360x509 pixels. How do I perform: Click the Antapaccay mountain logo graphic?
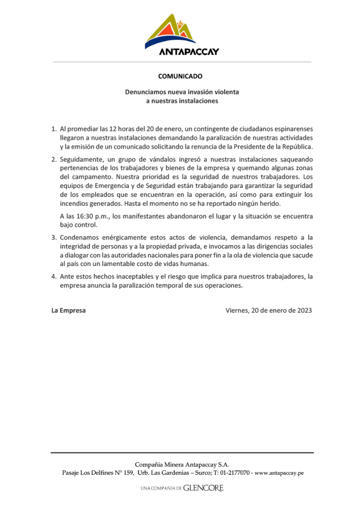tap(175, 31)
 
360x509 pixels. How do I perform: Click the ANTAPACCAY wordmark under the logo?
tap(189, 51)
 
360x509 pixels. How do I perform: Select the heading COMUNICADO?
tap(180, 77)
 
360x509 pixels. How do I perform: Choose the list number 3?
tap(54, 237)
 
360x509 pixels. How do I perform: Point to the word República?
tap(296, 147)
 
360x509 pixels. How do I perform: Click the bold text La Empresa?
tap(69, 310)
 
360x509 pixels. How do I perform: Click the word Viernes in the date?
tap(237, 310)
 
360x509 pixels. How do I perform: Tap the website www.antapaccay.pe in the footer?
tap(279, 473)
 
